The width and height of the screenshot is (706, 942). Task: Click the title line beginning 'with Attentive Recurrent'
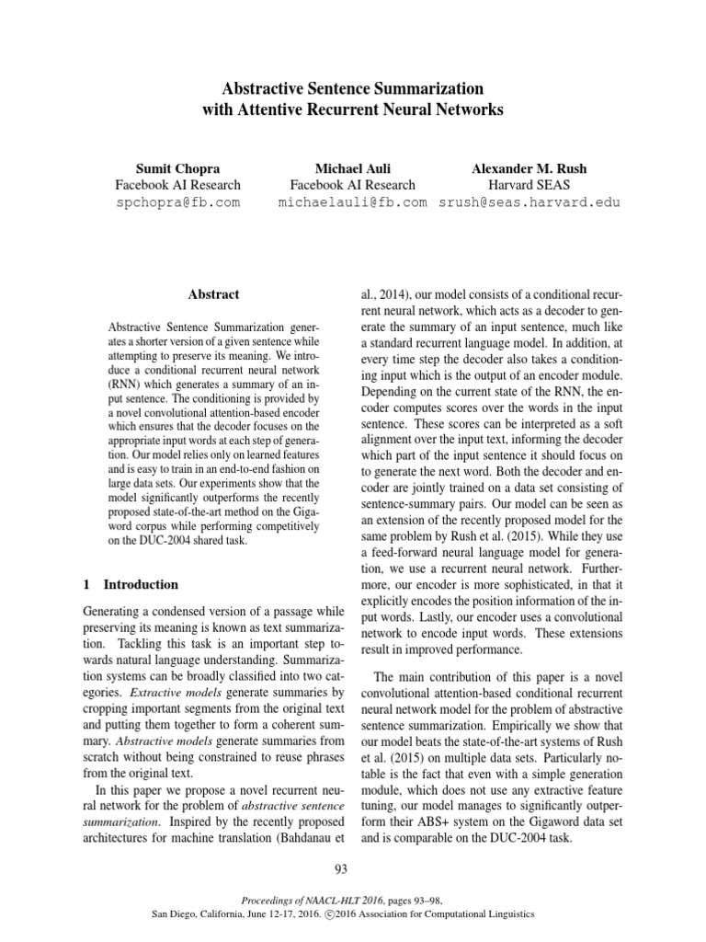pos(353,110)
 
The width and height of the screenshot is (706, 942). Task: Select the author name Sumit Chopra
pos(176,168)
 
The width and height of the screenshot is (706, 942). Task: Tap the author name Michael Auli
pos(353,168)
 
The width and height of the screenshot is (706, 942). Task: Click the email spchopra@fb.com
pos(176,202)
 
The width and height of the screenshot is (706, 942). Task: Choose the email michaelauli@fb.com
pos(353,202)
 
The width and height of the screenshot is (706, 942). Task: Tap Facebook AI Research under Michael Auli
pos(353,185)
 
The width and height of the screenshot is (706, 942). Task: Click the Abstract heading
pos(213,294)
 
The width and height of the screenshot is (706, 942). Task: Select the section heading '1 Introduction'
pos(131,584)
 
